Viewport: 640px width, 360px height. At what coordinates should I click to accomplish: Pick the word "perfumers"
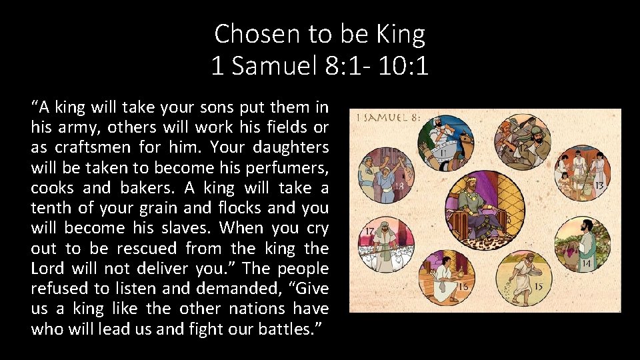click(291, 167)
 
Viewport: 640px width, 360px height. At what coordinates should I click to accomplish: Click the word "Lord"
click(49, 269)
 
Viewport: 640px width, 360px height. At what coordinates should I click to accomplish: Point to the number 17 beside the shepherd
click(369, 231)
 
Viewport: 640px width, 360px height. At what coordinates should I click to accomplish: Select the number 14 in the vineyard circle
click(586, 263)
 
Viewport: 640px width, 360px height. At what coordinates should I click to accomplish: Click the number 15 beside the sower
click(537, 287)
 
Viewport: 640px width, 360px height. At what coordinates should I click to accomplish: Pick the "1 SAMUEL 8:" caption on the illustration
click(388, 117)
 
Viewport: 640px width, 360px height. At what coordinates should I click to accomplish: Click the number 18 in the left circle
click(400, 187)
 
